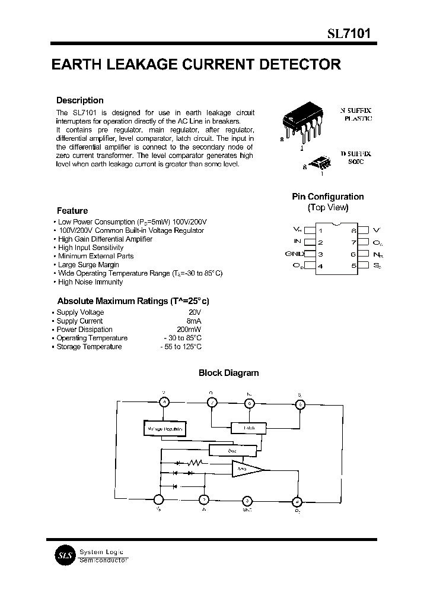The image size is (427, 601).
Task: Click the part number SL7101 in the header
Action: point(349,34)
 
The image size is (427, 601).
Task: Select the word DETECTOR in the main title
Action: point(301,65)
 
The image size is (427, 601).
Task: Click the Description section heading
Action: point(79,100)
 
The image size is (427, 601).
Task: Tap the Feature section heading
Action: point(72,210)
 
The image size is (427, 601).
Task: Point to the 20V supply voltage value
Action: point(195,312)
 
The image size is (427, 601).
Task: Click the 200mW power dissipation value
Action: point(189,330)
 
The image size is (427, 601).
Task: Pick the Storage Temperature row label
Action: point(89,347)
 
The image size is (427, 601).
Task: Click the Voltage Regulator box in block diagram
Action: point(164,429)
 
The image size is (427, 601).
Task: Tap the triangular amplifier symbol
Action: point(247,469)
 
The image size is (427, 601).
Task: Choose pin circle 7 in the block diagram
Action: point(212,403)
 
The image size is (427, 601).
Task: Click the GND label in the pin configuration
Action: point(294,254)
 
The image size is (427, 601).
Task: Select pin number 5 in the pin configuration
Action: point(354,266)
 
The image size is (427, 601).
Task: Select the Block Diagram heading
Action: point(228,373)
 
